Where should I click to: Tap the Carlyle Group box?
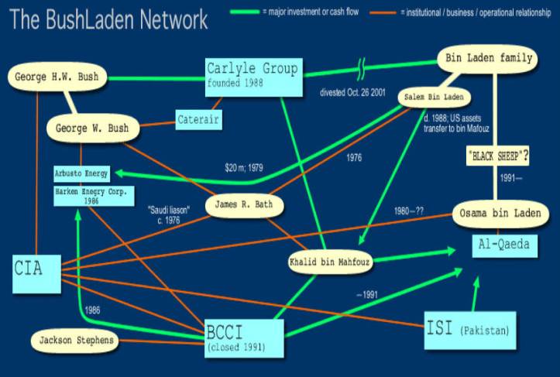tap(252, 77)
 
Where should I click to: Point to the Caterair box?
tap(198, 119)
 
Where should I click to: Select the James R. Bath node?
tap(244, 205)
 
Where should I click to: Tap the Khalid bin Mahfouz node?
tap(330, 262)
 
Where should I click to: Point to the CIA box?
tap(36, 272)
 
